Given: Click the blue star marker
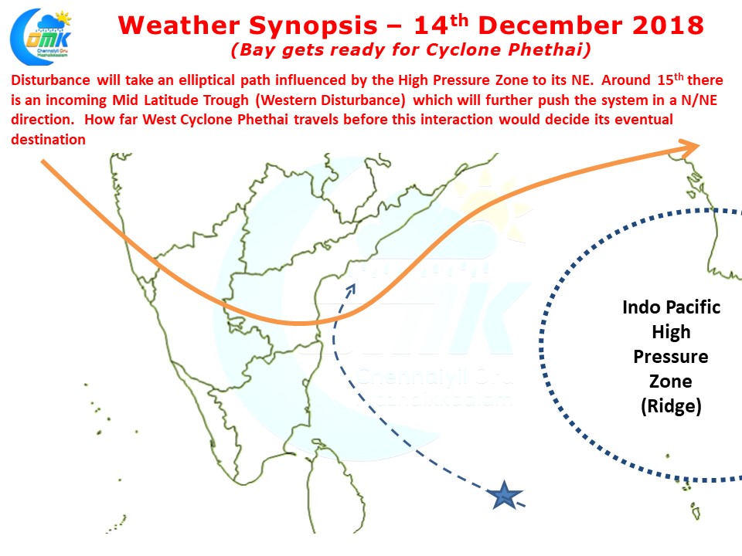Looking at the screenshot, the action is pyautogui.click(x=505, y=495).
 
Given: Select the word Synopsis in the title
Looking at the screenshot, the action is pyautogui.click(x=313, y=25).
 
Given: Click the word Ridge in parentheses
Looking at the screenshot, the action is pyautogui.click(x=671, y=406).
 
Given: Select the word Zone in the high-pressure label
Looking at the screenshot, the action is pyautogui.click(x=671, y=381).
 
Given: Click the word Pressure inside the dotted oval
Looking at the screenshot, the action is pyautogui.click(x=671, y=357).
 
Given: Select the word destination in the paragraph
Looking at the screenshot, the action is pyautogui.click(x=48, y=140).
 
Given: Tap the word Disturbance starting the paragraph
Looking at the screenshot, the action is pyautogui.click(x=51, y=80).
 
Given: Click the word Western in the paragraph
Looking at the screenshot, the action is pyautogui.click(x=288, y=100).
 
